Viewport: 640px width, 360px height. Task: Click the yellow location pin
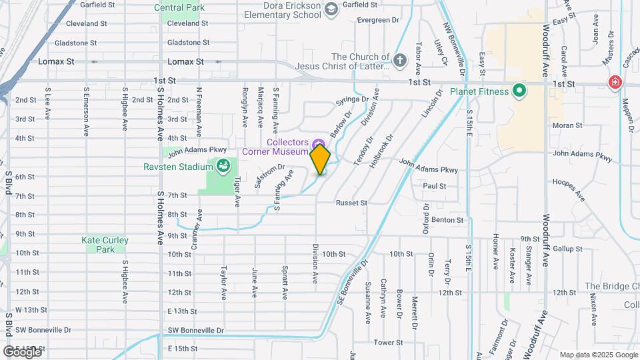(x=321, y=159)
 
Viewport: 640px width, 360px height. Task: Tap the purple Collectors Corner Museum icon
(x=319, y=143)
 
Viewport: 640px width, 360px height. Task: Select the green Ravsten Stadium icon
(x=223, y=165)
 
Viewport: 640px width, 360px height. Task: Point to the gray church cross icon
(x=399, y=61)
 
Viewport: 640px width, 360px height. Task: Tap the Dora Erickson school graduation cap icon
(x=331, y=9)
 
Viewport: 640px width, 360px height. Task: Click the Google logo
(x=22, y=351)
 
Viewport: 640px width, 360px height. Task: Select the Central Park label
(x=179, y=8)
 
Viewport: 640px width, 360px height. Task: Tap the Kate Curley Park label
(x=105, y=245)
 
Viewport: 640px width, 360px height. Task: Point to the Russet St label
(x=351, y=203)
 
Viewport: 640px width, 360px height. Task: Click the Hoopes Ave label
(x=569, y=189)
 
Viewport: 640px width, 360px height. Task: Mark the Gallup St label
(x=568, y=249)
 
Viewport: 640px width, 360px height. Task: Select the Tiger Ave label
(x=237, y=192)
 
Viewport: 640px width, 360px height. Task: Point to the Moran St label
(x=568, y=125)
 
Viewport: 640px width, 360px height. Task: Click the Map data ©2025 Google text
(x=598, y=355)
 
